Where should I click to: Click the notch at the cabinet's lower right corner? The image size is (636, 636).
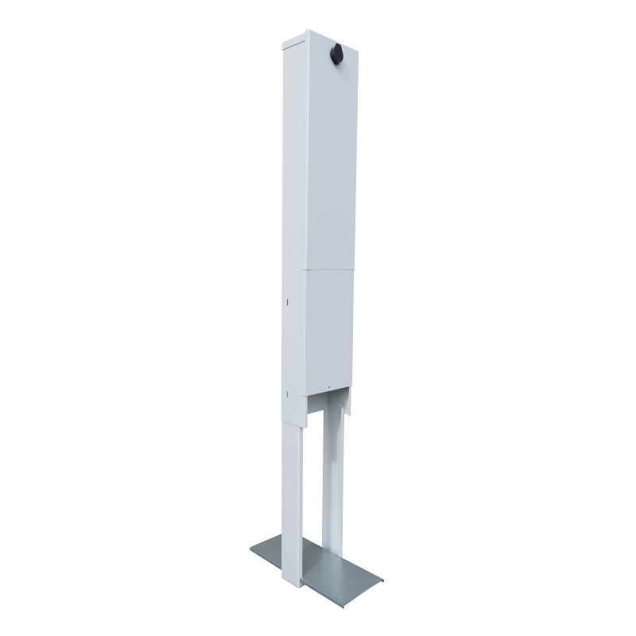(x=347, y=406)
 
